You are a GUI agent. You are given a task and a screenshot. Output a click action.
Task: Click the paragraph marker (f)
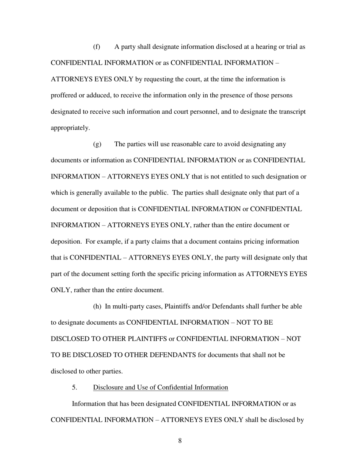97,47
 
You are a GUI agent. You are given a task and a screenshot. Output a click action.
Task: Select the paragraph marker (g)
97,144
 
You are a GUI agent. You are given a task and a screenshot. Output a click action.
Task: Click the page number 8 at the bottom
180,440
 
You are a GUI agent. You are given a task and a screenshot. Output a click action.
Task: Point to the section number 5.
74,387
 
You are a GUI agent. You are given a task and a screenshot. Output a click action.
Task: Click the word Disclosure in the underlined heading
108,387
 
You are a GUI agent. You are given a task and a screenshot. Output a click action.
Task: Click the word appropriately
70,128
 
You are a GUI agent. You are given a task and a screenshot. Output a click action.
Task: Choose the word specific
171,274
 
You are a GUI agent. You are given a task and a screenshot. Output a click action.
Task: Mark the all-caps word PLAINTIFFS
148,339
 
